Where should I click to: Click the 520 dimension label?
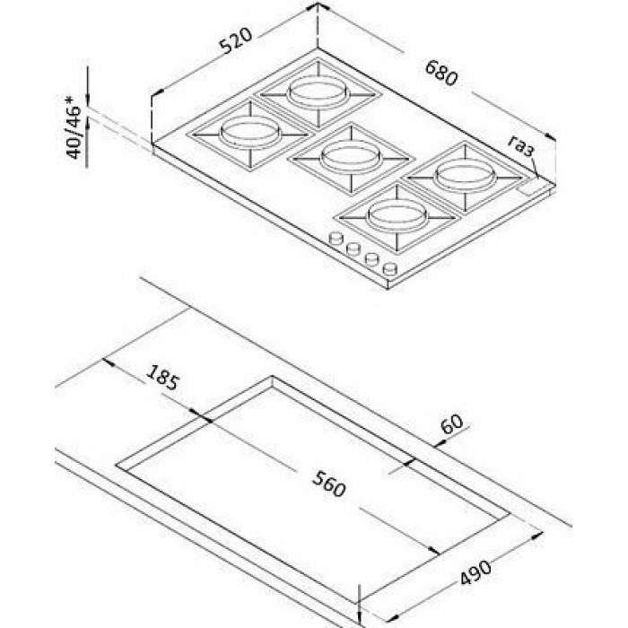click(x=236, y=40)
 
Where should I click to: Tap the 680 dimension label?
click(x=440, y=73)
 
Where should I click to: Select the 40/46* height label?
click(x=74, y=126)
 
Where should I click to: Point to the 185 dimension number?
click(x=161, y=377)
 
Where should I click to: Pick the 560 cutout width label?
click(x=328, y=484)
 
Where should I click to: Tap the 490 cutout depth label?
click(x=475, y=572)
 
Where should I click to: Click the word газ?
click(x=521, y=146)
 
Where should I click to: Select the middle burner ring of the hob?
click(x=351, y=157)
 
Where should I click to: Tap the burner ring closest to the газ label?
click(x=466, y=176)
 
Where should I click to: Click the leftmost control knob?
click(x=336, y=239)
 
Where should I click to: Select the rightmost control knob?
click(x=389, y=267)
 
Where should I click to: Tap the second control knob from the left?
click(x=353, y=249)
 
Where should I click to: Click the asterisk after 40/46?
click(x=73, y=99)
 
